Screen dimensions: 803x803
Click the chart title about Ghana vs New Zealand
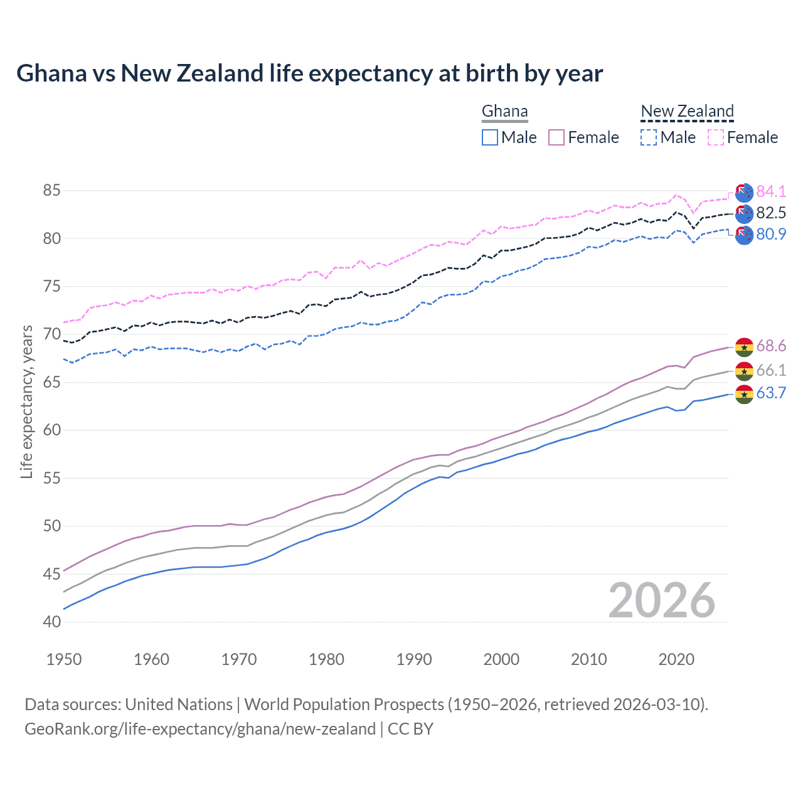point(309,73)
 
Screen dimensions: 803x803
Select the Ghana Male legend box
point(490,137)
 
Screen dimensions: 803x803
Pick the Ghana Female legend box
point(556,137)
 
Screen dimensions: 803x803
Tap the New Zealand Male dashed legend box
point(649,137)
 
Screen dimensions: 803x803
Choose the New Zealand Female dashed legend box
point(716,137)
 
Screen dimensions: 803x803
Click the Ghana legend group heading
point(504,112)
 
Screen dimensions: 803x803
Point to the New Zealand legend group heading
point(687,112)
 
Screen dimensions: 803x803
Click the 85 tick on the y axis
point(52,190)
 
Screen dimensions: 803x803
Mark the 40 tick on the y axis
point(52,622)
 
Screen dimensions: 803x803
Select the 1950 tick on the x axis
point(64,659)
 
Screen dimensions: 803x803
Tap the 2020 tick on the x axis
point(676,659)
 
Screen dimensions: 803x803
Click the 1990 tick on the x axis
point(414,659)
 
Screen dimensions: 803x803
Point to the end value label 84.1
point(771,191)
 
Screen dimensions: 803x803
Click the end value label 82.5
point(771,213)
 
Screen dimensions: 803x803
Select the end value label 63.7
point(771,393)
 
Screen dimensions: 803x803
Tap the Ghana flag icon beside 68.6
point(744,346)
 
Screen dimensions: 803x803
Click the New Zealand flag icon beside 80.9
point(744,235)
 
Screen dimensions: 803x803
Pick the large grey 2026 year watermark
point(661,600)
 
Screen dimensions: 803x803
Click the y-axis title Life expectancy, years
point(27,401)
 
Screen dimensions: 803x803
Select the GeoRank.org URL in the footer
point(199,729)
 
